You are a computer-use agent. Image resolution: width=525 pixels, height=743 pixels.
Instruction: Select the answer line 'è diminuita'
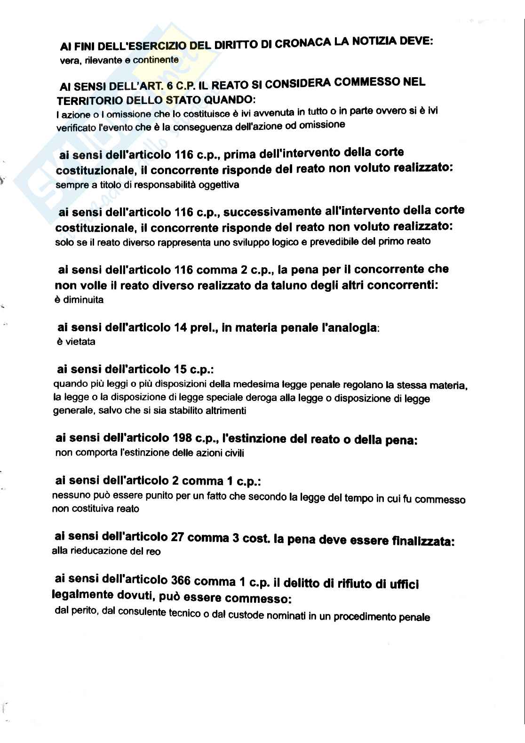tap(79, 300)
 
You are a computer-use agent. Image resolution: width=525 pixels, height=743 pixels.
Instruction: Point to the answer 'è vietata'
tap(76, 342)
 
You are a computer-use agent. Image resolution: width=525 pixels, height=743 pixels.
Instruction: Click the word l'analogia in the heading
tap(349, 328)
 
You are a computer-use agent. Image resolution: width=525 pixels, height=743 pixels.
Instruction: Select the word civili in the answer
tap(232, 453)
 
